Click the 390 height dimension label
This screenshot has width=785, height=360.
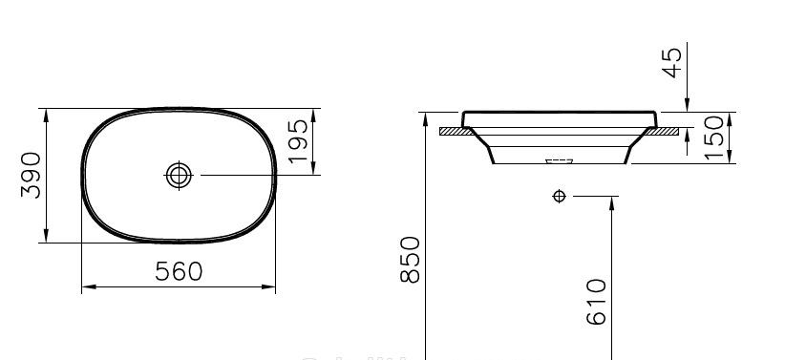(x=32, y=175)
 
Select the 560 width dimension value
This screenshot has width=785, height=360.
(x=180, y=271)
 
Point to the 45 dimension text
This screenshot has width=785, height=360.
(x=672, y=62)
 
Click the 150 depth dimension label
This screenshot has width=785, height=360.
(x=711, y=138)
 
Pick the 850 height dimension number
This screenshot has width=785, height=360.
(x=408, y=259)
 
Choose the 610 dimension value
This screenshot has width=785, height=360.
(x=596, y=302)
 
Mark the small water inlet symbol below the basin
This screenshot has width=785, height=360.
(x=559, y=197)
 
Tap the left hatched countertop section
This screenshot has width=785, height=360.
(x=453, y=130)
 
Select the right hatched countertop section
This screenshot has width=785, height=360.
(x=669, y=130)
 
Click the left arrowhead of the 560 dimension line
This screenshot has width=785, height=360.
(x=85, y=286)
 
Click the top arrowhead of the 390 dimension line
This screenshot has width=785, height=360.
(x=46, y=113)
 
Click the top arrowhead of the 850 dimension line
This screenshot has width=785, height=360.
(x=423, y=116)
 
